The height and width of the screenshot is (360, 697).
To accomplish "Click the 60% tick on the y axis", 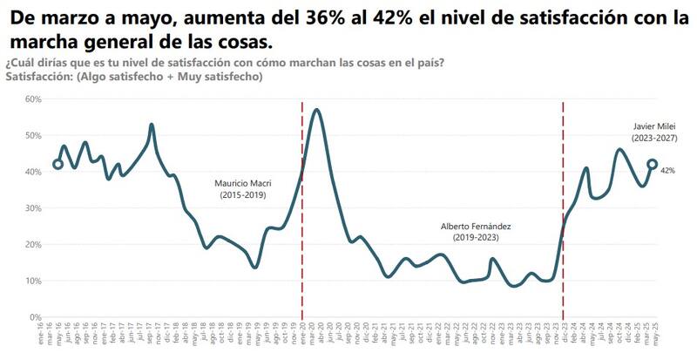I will pos(32,98).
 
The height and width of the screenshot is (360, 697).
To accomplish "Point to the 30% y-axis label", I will pos(32,208).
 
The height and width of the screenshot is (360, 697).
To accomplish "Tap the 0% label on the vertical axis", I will pos(36,317).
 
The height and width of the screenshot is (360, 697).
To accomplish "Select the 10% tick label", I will pos(32,281).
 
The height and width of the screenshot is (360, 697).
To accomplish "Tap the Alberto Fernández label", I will pos(476,226).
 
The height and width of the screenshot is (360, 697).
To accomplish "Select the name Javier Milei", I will pos(655,126).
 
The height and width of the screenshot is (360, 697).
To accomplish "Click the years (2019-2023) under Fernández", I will pos(476,237).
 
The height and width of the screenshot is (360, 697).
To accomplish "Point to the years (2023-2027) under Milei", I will pos(655,138).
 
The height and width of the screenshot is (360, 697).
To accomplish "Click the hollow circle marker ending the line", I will pos(652,164).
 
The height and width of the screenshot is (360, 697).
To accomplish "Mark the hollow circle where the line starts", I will pos(58,164).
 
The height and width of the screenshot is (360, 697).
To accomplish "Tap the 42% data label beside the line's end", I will pos(668,171).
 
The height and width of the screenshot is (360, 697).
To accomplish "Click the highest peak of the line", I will pos(316,110).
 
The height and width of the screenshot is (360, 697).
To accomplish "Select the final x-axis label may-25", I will pos(650,337).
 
